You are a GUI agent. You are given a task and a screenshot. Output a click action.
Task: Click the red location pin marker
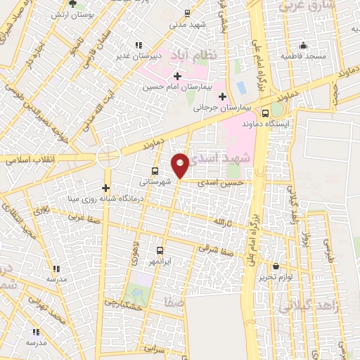[180, 165]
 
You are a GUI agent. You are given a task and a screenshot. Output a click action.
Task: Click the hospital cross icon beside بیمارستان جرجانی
[222, 96]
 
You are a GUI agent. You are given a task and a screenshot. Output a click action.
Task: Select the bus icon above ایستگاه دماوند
[265, 112]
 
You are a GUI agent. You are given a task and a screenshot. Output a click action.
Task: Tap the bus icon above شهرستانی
[155, 171]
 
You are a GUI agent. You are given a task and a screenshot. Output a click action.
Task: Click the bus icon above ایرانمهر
[160, 250]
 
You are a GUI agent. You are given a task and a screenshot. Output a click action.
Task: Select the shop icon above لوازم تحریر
[277, 266]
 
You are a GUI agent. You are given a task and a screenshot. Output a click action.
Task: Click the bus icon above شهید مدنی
[187, 13]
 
